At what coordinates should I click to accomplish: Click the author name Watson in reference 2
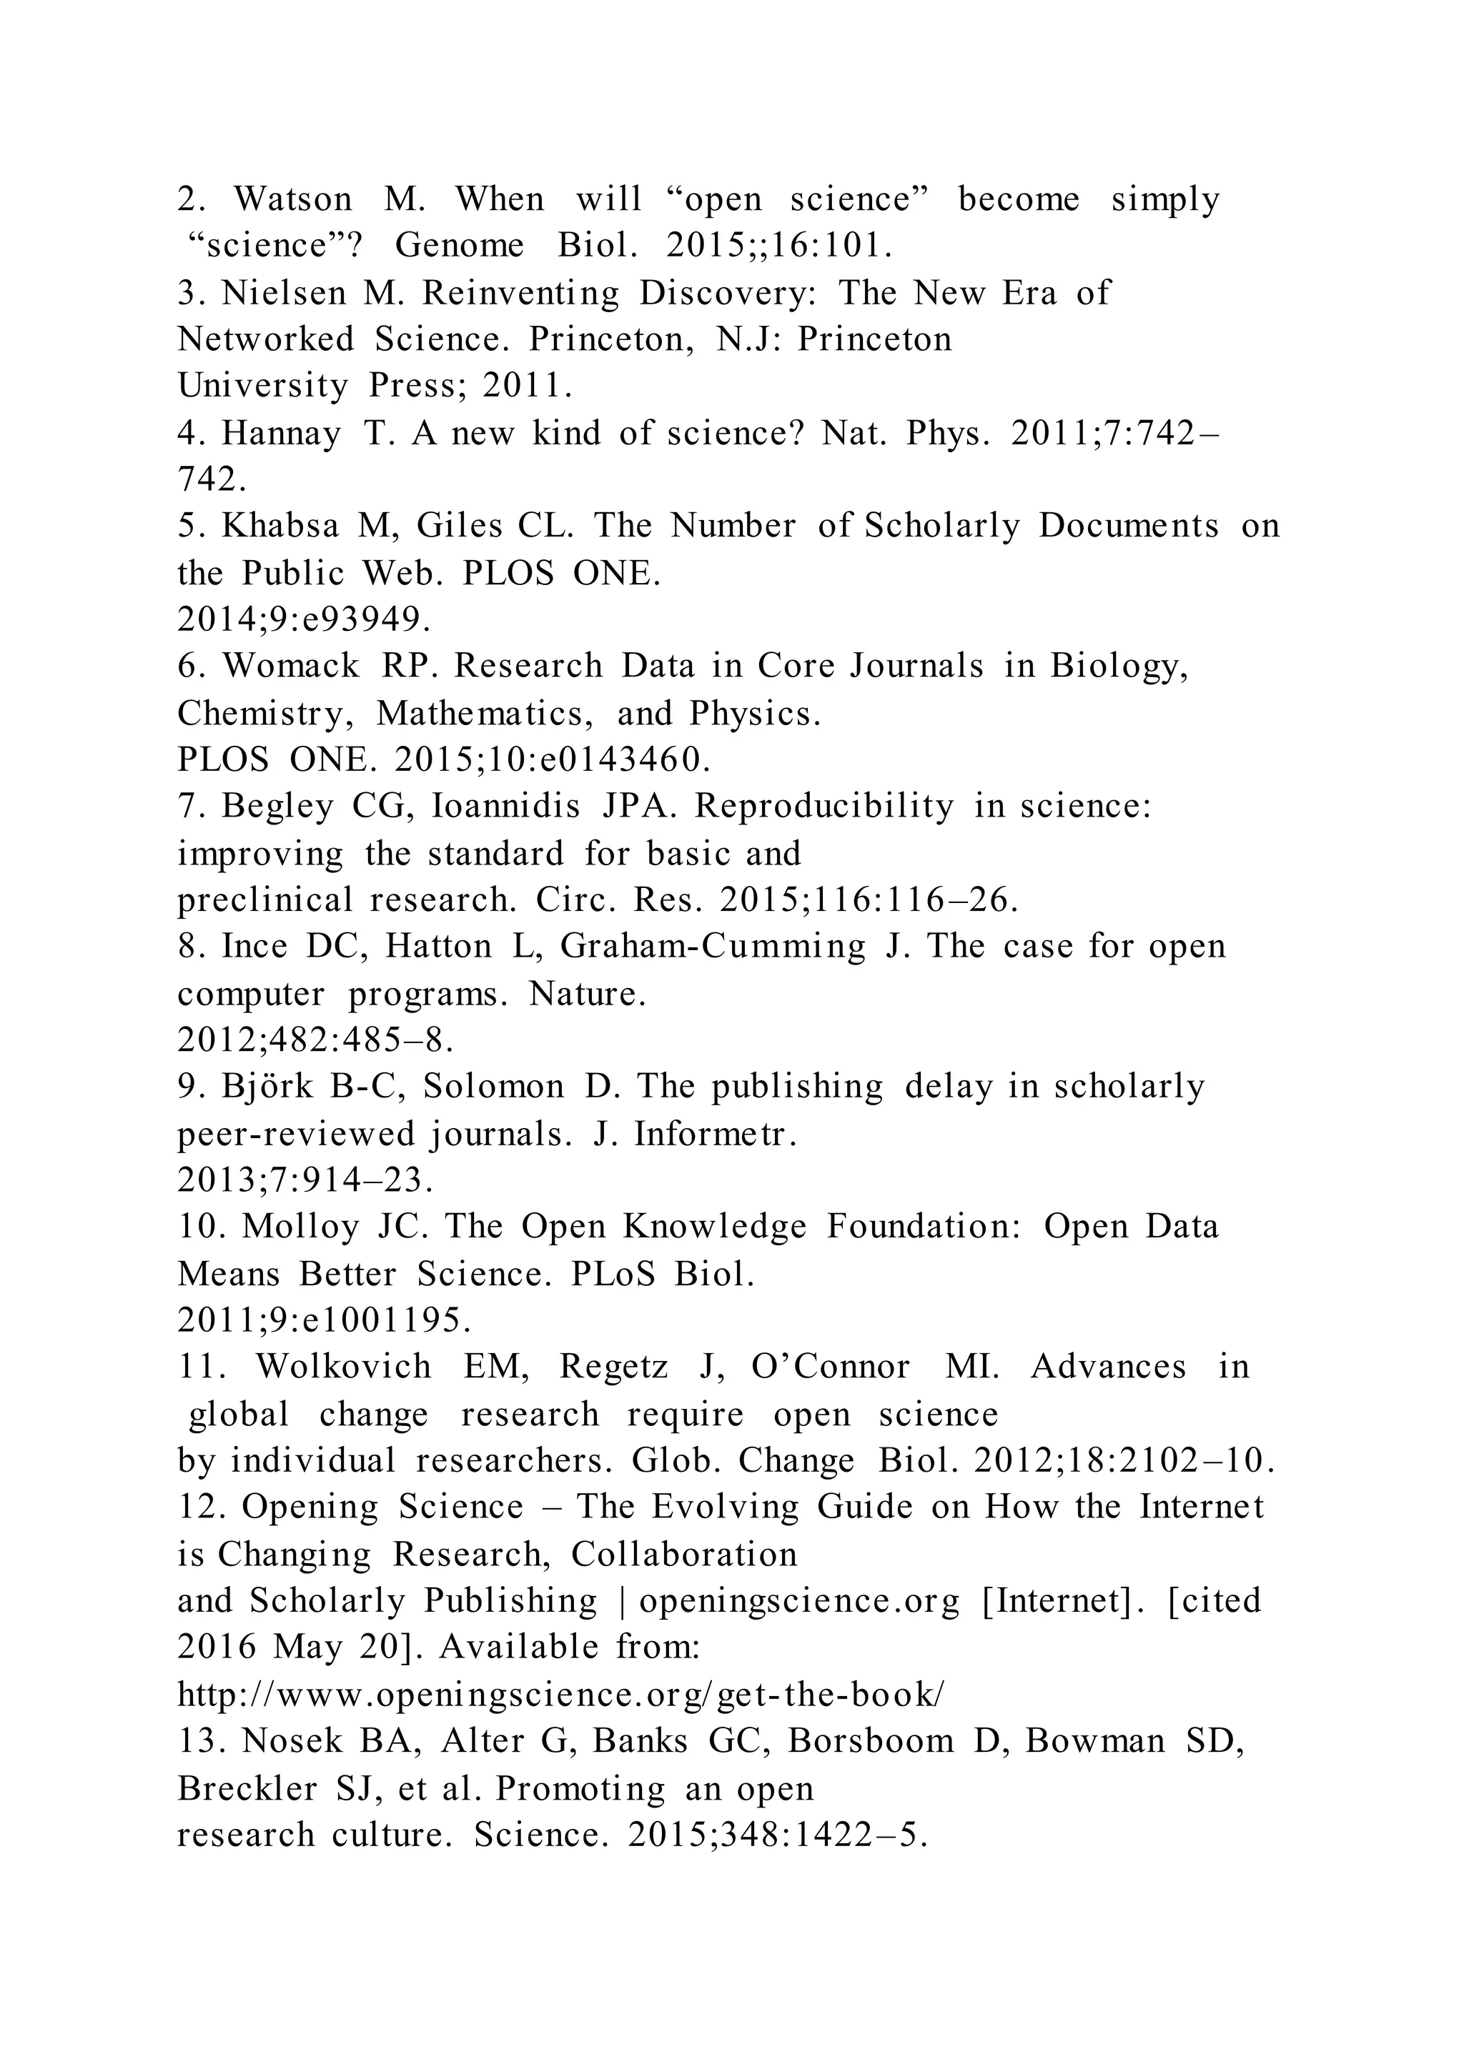(293, 199)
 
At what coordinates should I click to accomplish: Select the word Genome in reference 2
(460, 246)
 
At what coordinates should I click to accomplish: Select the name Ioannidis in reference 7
(507, 806)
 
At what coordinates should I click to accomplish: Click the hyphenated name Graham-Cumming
(712, 946)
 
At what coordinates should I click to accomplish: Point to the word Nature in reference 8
(587, 994)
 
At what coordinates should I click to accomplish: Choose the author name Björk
(268, 1087)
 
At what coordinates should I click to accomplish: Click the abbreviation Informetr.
(715, 1135)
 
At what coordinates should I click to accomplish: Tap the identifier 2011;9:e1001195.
(325, 1320)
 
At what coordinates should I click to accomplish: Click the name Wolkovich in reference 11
(343, 1367)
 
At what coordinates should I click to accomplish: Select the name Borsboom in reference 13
(871, 1741)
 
